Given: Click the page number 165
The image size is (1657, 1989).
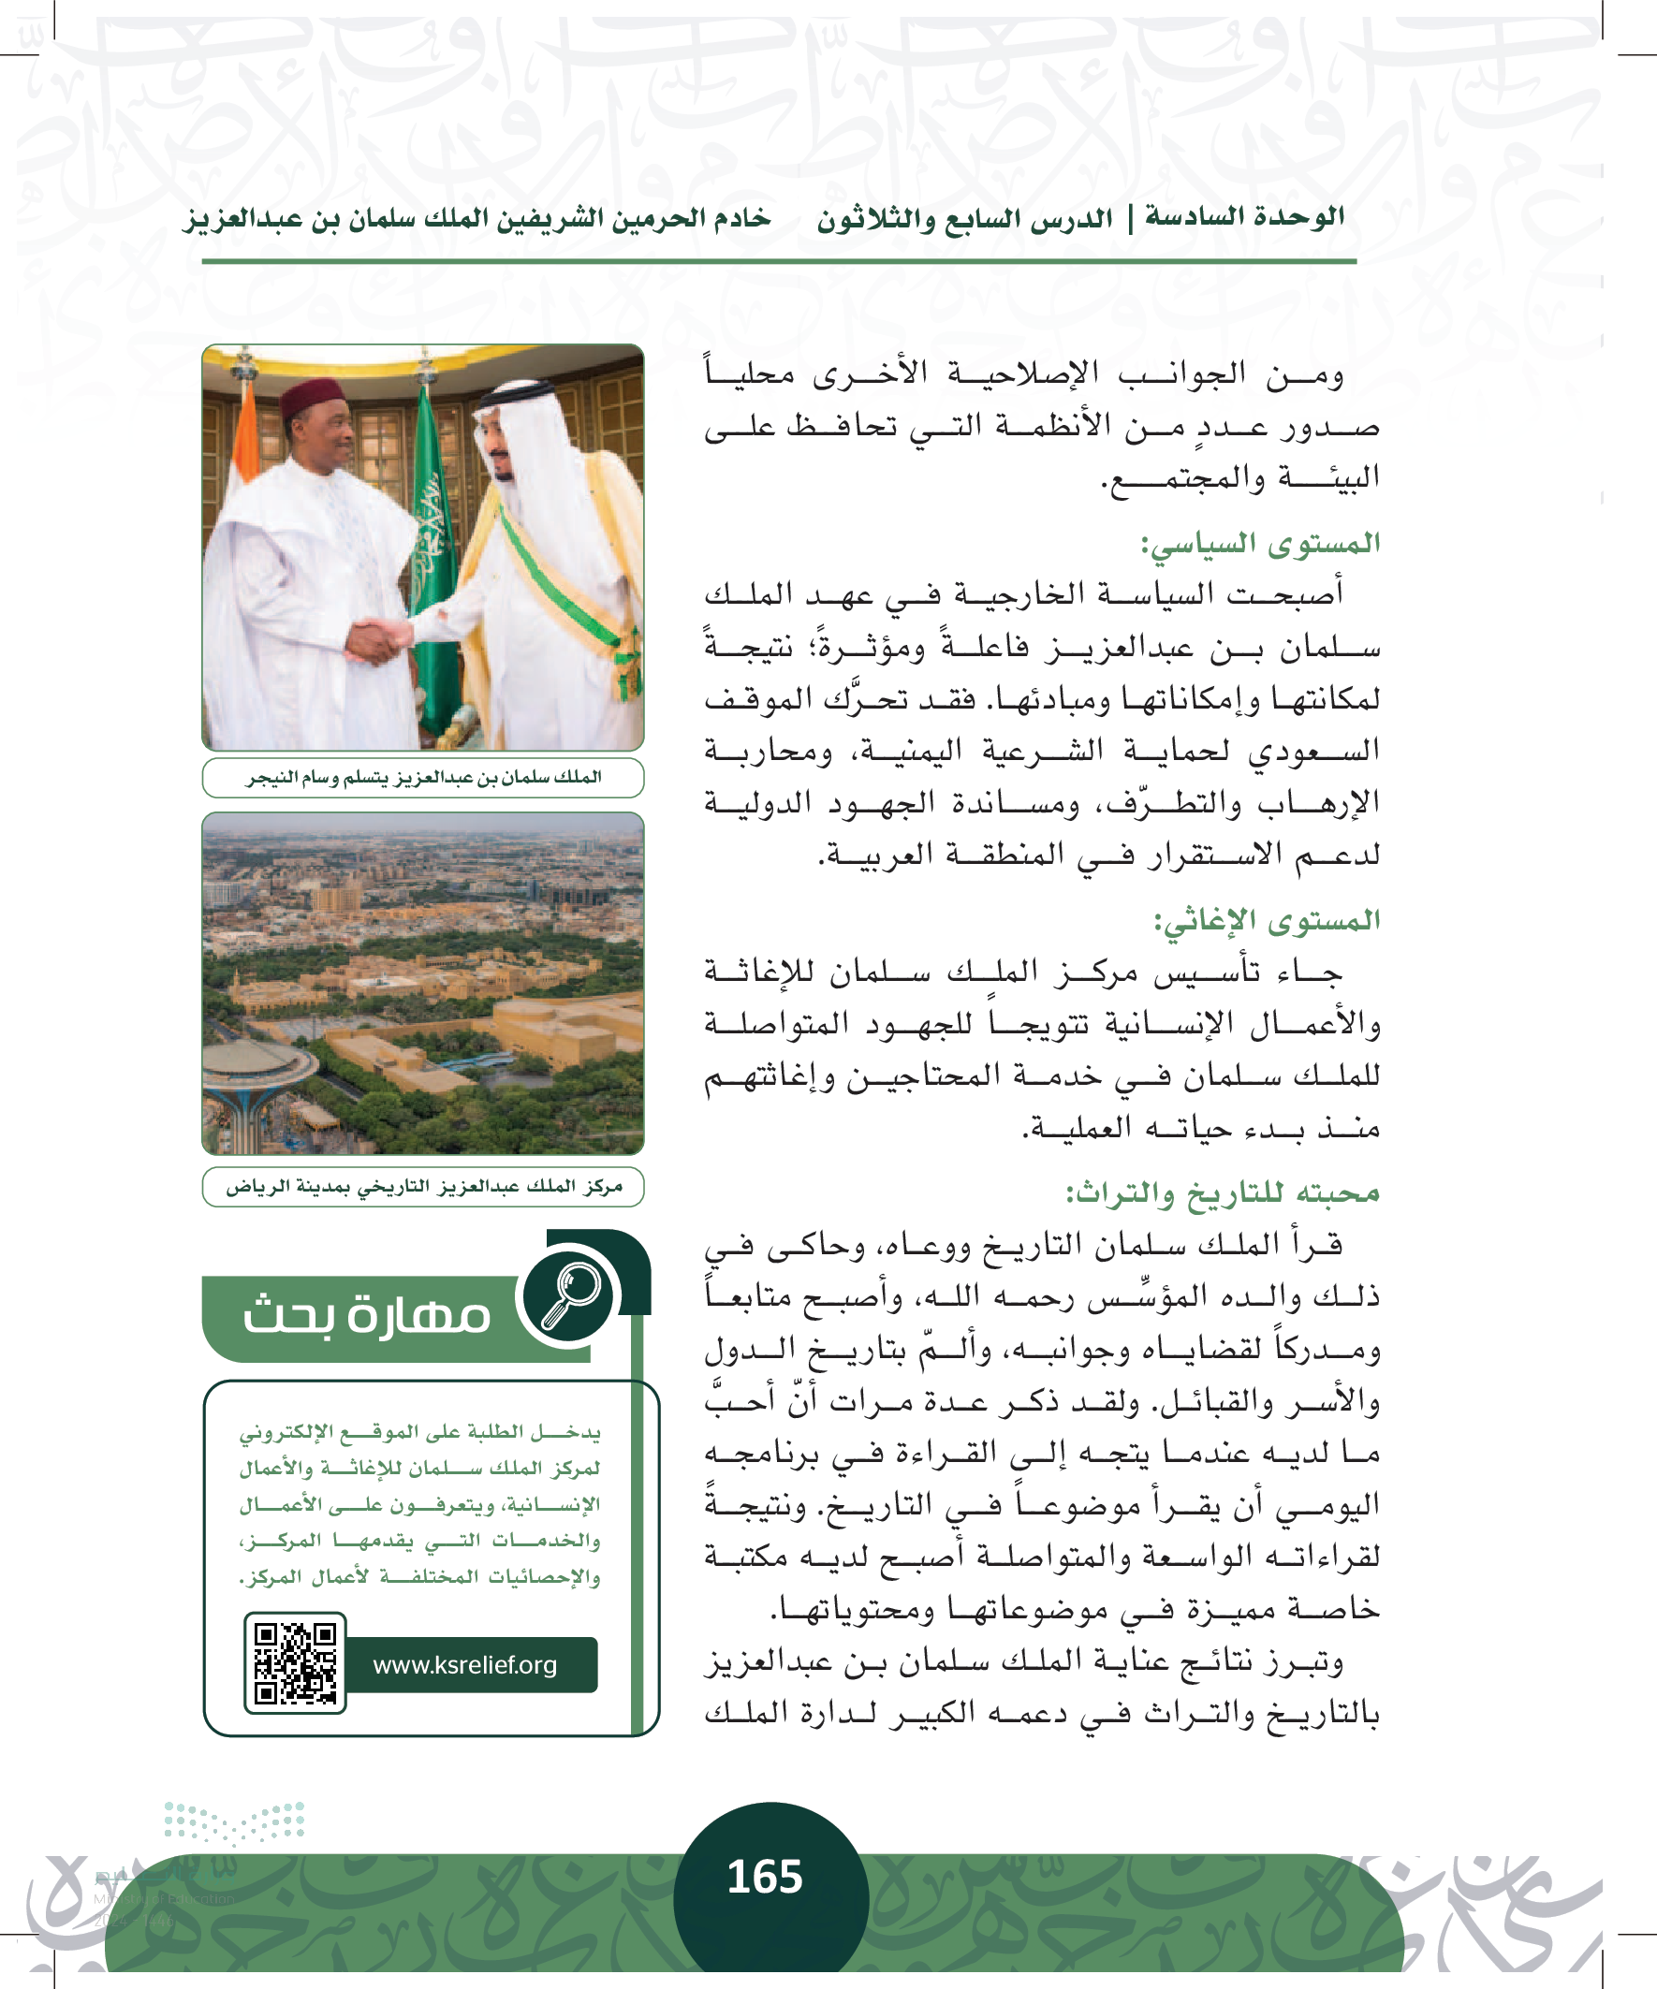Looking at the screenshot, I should pyautogui.click(x=765, y=1877).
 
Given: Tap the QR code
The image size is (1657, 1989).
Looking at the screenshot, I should pyautogui.click(x=295, y=1663).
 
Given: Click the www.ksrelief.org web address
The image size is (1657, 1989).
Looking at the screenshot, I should pyautogui.click(x=465, y=1664).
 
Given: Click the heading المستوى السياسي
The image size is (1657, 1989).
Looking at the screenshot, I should pyautogui.click(x=1260, y=544).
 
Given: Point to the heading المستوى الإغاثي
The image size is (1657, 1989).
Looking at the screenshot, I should pyautogui.click(x=1266, y=920).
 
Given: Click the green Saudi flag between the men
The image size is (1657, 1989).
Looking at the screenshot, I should pyautogui.click(x=433, y=531).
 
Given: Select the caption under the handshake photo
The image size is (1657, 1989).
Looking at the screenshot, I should pyautogui.click(x=422, y=778).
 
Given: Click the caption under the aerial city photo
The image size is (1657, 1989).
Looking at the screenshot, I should pyautogui.click(x=422, y=1187).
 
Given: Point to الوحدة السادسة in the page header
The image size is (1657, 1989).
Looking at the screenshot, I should pyautogui.click(x=1245, y=217).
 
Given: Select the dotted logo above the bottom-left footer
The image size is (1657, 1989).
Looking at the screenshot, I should pyautogui.click(x=235, y=1821).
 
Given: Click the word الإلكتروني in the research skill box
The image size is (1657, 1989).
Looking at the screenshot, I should pyautogui.click(x=280, y=1433).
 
